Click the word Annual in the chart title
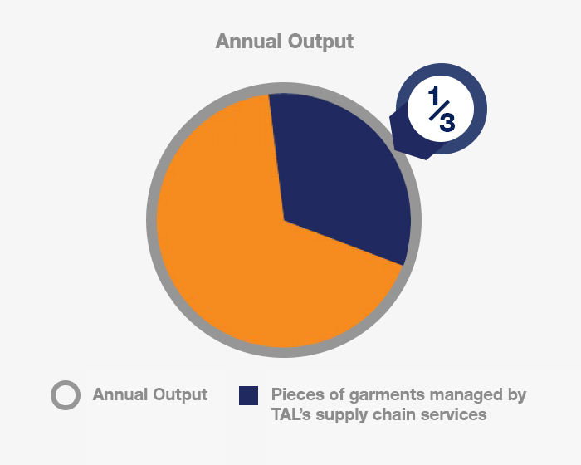pos(249,41)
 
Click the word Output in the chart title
pos(321,42)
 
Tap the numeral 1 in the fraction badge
pos(433,95)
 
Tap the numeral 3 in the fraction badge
pos(447,122)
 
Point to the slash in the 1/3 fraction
pos(439,110)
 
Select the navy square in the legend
pos(249,395)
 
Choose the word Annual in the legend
pos(120,394)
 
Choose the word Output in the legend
pos(180,395)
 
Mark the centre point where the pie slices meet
pos(284,220)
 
